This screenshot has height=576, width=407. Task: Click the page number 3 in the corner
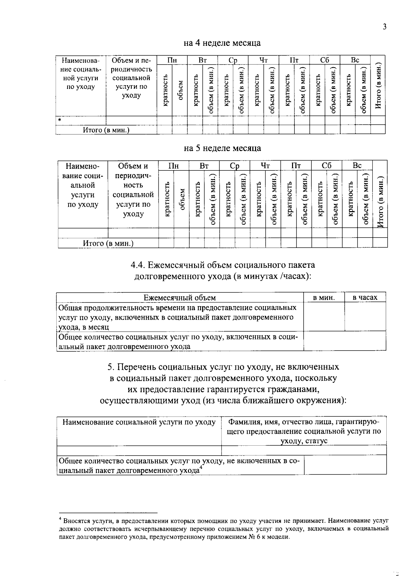tap(384, 27)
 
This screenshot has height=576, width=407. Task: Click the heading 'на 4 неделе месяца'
tap(222, 43)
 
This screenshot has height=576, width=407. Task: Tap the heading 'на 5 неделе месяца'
tap(222, 148)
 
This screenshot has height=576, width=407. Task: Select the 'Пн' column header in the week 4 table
tap(172, 60)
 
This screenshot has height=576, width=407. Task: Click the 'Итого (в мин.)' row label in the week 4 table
tap(106, 130)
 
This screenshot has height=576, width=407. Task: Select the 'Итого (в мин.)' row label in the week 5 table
tap(108, 243)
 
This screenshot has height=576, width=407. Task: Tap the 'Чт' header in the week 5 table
tap(265, 166)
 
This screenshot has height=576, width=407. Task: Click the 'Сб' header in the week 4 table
tap(325, 60)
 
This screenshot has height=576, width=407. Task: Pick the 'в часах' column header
tap(365, 298)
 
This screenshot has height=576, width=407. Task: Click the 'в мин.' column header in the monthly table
tap(324, 298)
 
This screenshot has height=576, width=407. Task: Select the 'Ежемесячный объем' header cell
tap(179, 298)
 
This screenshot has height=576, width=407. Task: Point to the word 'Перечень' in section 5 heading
tap(137, 367)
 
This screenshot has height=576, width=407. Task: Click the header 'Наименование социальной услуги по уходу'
tap(139, 422)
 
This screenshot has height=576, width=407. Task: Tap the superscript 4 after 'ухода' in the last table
tap(201, 468)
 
